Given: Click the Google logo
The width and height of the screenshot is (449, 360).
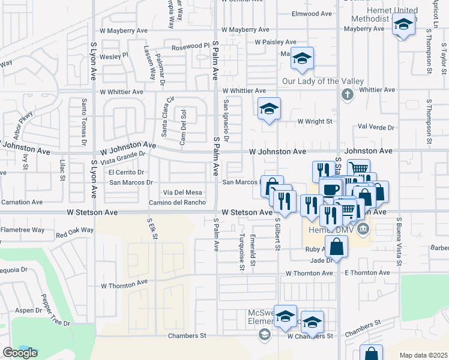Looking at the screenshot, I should point(20,353).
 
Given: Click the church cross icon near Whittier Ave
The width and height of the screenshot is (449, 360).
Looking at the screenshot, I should point(346,94).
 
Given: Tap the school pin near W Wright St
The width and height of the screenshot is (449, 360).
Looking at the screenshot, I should point(270,109).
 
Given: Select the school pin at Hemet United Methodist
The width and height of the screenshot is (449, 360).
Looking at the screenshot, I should point(404,25).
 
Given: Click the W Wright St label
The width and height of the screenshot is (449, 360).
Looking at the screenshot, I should point(315,121).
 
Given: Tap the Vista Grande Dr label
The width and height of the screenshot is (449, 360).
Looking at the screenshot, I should point(123,158).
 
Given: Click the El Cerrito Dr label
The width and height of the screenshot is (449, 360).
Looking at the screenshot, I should point(126,173).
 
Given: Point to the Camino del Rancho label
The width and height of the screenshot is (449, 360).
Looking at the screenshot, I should point(177,202).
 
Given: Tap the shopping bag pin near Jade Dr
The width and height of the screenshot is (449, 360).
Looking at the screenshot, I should point(338,246).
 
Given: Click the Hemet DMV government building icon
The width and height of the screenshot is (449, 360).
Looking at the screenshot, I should point(362,229).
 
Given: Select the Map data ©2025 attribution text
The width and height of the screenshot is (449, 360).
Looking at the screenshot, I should point(423,355).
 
